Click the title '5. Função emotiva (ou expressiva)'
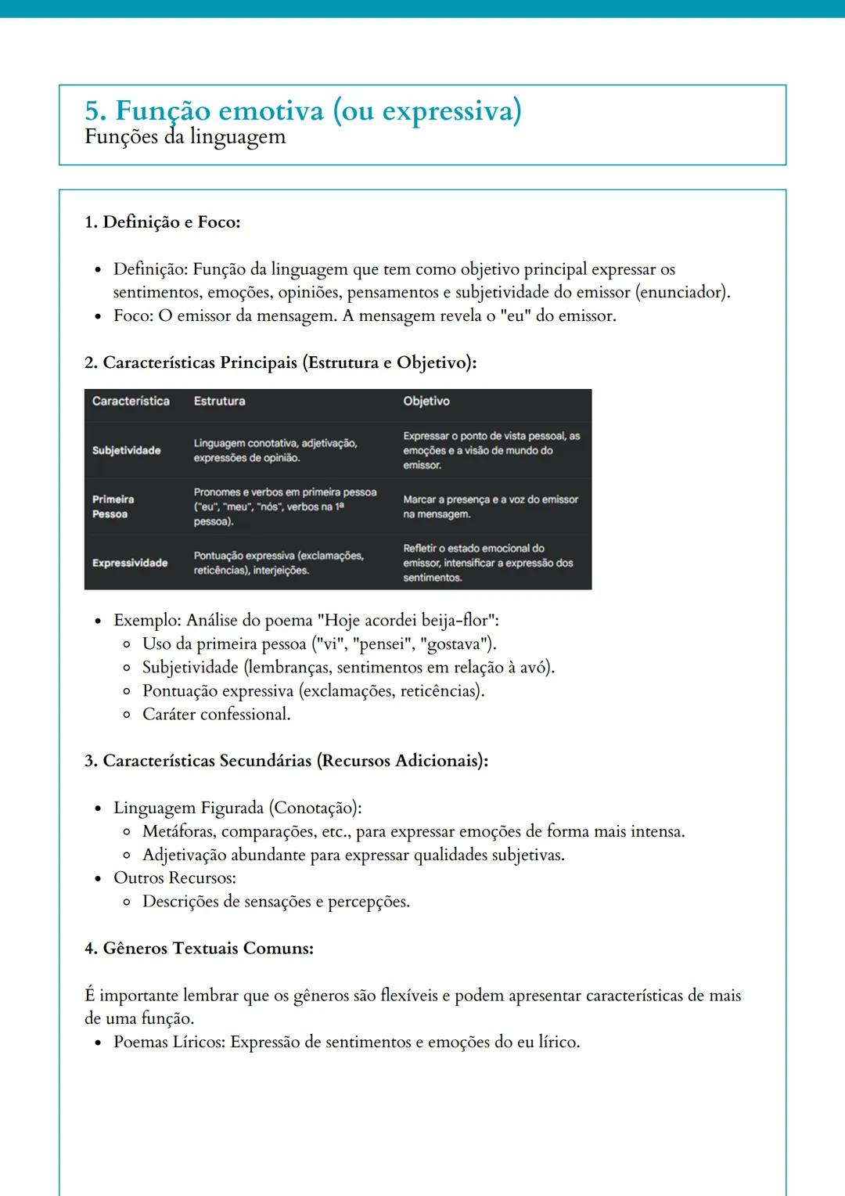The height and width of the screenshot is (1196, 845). point(303,111)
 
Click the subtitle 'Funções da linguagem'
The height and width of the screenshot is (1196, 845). point(185,137)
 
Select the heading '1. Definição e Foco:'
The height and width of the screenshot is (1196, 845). point(162,222)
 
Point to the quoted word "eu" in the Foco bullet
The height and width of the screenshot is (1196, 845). point(515,316)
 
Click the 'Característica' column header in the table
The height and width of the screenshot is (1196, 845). point(131,401)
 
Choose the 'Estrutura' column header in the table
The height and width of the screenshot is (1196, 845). point(219,401)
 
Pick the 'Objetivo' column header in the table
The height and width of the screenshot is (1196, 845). point(426,401)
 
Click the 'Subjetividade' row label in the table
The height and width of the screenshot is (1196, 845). point(126,451)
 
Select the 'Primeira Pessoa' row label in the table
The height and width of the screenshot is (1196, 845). point(113,506)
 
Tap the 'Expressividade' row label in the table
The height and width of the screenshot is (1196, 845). point(130,563)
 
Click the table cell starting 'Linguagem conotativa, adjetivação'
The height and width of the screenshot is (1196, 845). point(275,450)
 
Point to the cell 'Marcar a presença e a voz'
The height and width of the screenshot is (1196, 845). point(491,506)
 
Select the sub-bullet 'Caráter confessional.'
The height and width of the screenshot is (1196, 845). point(216,715)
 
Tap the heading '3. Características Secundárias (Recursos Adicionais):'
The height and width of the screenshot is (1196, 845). point(286,761)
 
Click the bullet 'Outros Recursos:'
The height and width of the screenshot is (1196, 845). point(174,878)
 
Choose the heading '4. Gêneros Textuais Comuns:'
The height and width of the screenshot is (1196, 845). point(199,949)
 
